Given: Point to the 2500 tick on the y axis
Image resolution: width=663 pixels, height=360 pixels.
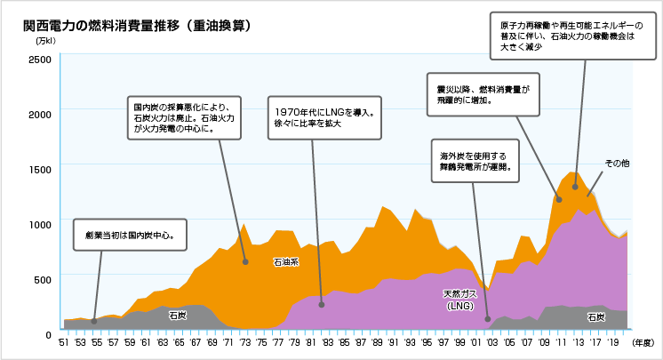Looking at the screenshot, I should pyautogui.click(x=40, y=59).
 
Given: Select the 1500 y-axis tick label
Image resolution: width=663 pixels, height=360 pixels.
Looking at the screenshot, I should pyautogui.click(x=40, y=168).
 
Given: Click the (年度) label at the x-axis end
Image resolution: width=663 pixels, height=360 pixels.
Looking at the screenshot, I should pyautogui.click(x=643, y=341).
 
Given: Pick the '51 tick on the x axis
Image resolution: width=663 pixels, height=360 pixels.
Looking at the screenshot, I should pyautogui.click(x=64, y=341).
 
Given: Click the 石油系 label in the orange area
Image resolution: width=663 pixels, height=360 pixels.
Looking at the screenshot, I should pyautogui.click(x=285, y=262).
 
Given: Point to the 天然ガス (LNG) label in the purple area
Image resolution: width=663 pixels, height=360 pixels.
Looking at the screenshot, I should pyautogui.click(x=460, y=299).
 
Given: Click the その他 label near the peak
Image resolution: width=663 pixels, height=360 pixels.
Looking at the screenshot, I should pyautogui.click(x=617, y=164).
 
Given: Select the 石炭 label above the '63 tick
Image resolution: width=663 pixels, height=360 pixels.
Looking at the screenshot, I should pyautogui.click(x=178, y=315).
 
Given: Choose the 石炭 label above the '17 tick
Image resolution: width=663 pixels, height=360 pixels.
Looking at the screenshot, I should pyautogui.click(x=595, y=316).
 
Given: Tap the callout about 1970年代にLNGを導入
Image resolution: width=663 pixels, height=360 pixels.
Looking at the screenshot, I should pyautogui.click(x=324, y=118).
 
